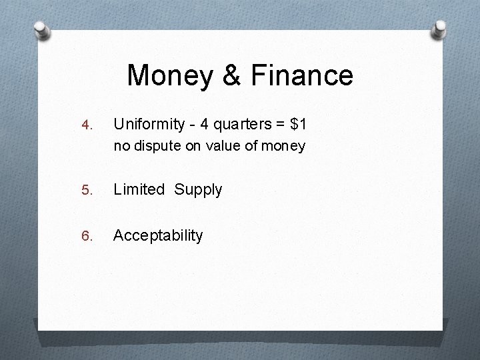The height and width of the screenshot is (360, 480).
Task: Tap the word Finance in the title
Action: click(x=304, y=75)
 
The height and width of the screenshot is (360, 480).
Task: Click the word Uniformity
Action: click(x=147, y=124)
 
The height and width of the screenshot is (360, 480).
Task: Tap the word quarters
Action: click(x=237, y=124)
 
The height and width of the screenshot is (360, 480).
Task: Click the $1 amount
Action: click(x=297, y=124)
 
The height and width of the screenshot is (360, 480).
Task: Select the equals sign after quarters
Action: click(x=276, y=125)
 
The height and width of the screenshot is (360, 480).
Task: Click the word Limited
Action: click(x=139, y=189)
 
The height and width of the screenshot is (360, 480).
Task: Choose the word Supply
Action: click(x=198, y=190)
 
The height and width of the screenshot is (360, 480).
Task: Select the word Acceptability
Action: click(x=158, y=235)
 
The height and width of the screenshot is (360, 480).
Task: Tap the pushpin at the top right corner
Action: click(x=441, y=29)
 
